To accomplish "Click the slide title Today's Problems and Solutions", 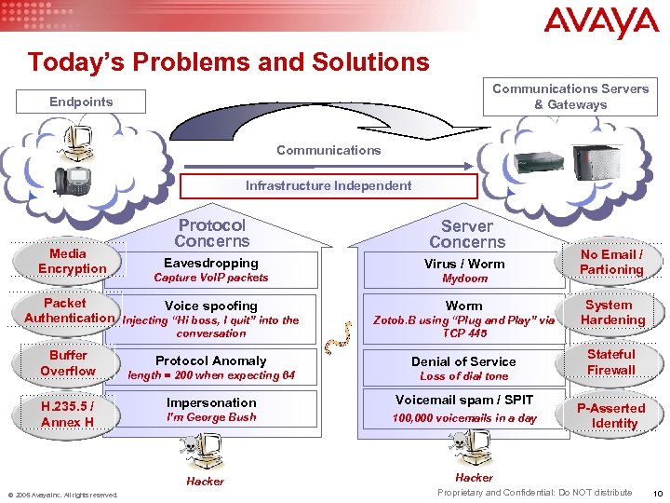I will pos(228,62).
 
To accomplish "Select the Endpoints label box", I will pos(82,102).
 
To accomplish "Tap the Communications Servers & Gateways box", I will pos(569,97).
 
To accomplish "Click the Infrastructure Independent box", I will pos(328,185).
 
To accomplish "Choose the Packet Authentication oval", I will pos(67,311).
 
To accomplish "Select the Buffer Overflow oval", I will pos(68,363).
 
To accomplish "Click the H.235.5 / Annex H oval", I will pos(68,415).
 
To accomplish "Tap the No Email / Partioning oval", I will pos(610,262).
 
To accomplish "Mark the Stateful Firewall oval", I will pos(610,362).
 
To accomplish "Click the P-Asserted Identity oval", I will pos(610,415).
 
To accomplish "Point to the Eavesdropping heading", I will pos(210,263).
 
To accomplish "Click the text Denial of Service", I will pos(463,361).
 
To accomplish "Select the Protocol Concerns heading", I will pos(211,233).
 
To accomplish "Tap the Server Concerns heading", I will pos(466,234).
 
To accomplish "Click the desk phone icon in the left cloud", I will pos(71,179).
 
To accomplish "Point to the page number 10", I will pos(657,493).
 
